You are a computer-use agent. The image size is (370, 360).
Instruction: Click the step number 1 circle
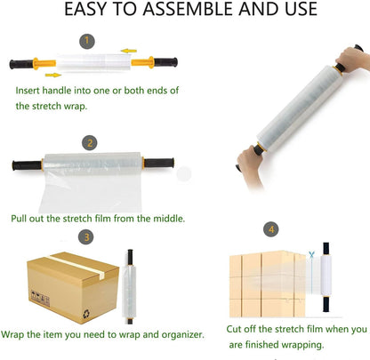87,41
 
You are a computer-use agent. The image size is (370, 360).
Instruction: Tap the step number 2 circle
90,143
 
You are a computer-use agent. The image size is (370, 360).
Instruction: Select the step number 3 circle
86,237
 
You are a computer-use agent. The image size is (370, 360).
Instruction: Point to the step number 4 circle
271,229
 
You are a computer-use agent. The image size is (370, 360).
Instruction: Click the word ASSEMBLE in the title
189,9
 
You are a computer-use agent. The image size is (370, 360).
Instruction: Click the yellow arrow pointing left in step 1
129,51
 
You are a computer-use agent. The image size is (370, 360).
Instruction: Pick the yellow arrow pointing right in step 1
53,75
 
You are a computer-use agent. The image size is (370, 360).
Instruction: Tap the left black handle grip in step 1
21,64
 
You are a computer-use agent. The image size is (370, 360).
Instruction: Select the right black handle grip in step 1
165,62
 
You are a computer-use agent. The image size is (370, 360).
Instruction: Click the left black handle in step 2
27,165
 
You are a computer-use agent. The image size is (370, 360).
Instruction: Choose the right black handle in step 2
159,163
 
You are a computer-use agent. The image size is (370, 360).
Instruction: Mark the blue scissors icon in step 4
311,254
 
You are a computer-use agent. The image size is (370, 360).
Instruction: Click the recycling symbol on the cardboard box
86,314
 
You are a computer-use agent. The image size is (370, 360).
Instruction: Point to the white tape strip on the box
77,267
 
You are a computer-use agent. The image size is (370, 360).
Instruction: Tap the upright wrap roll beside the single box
130,287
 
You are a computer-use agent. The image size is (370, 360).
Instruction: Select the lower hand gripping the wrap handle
249,164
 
